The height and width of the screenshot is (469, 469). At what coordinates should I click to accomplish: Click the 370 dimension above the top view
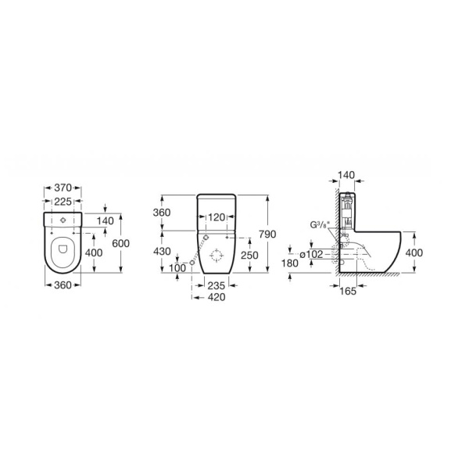63,188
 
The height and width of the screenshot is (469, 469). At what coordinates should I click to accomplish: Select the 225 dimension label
63,202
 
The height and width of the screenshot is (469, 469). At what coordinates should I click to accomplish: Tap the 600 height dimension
121,243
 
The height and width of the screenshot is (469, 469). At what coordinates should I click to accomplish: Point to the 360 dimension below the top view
63,285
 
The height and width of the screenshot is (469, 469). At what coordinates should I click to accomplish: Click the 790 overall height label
267,234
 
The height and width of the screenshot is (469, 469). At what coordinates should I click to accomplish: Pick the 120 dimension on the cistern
217,217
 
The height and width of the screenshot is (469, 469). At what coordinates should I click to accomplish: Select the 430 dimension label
162,252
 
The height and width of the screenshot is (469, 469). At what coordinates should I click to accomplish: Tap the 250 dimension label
250,255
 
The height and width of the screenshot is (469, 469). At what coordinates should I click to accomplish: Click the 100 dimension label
177,267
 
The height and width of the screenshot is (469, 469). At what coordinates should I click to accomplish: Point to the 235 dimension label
217,286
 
